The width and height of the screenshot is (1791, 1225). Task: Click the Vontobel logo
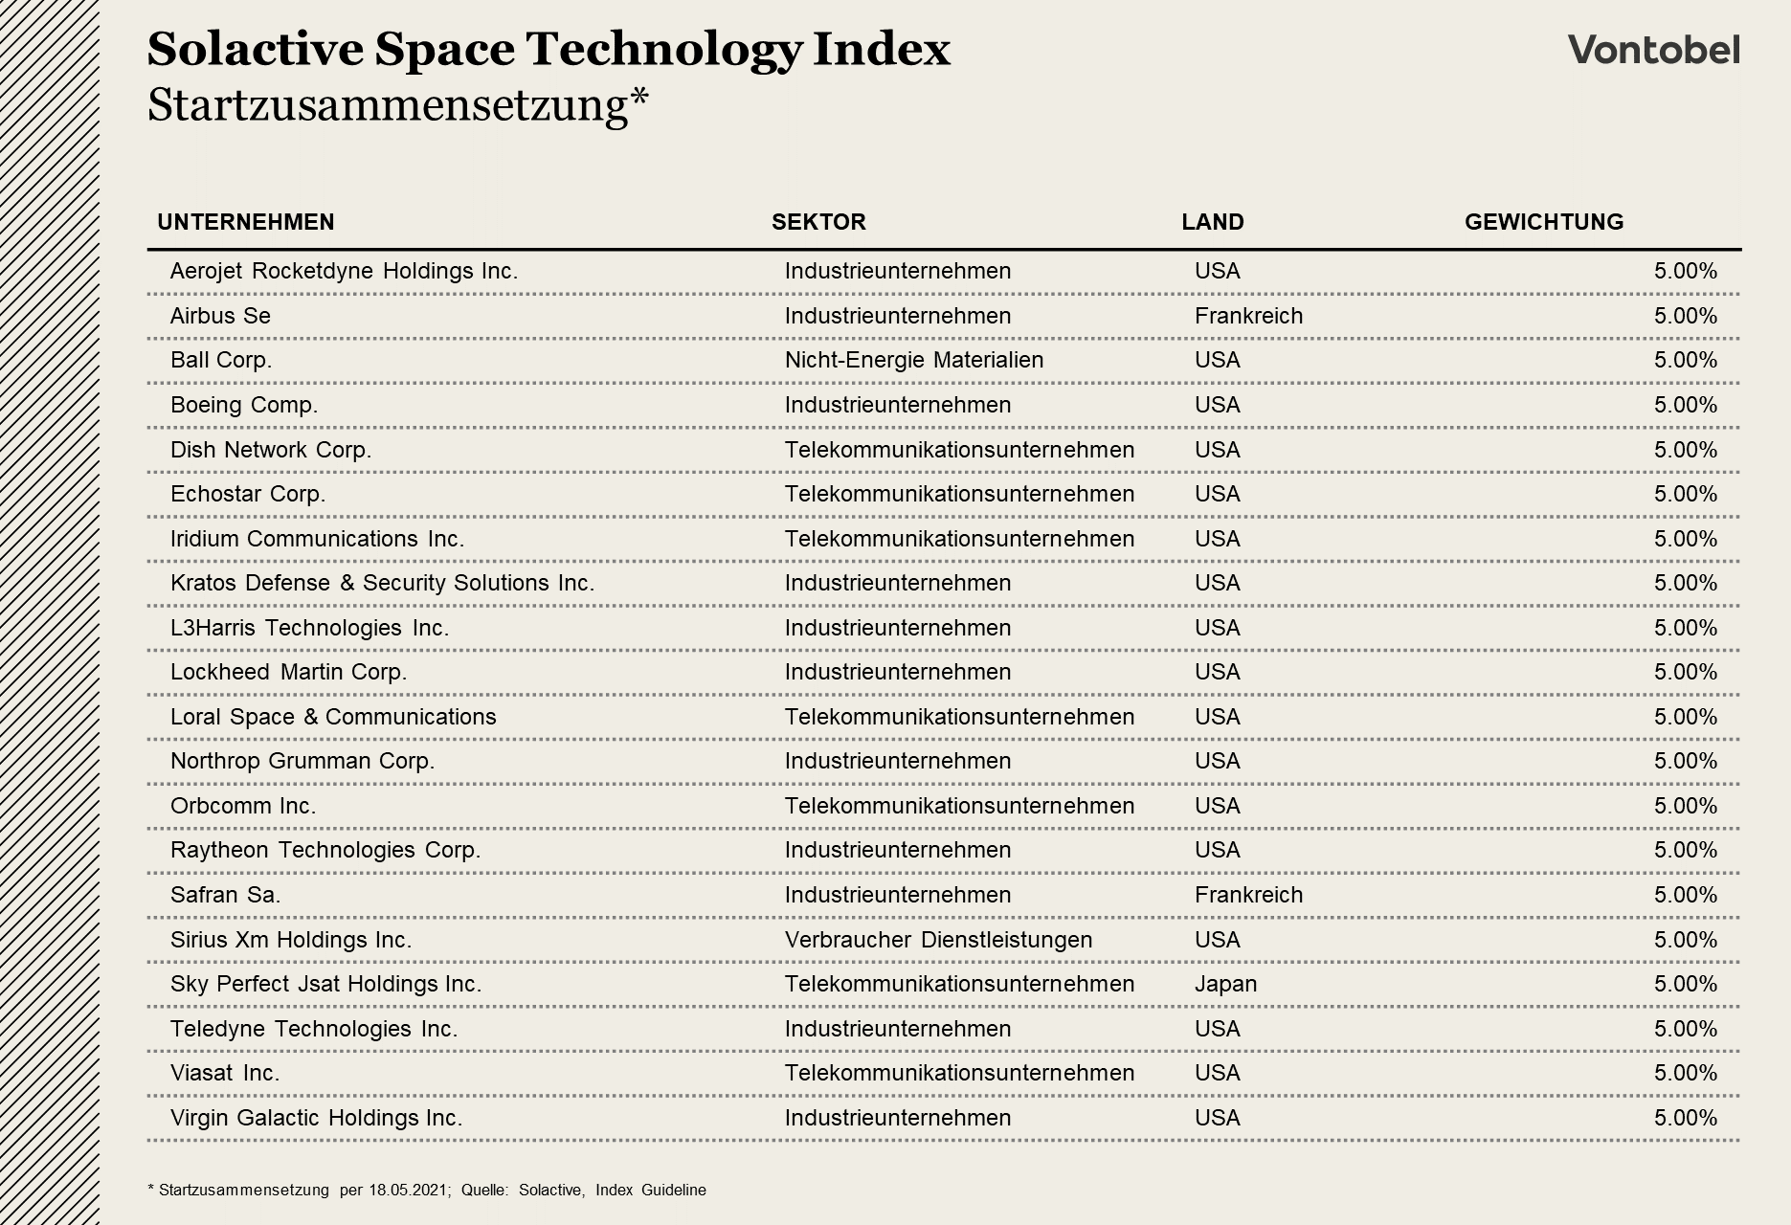[1653, 49]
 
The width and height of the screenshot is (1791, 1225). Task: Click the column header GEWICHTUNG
[1543, 222]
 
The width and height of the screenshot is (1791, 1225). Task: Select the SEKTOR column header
[818, 222]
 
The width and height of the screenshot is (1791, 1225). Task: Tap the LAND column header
[1212, 222]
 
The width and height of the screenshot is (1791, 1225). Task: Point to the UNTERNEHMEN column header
[246, 222]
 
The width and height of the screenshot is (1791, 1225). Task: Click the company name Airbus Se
[220, 316]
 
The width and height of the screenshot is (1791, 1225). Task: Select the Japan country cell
[1225, 984]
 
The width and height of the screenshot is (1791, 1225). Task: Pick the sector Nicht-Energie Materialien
[913, 360]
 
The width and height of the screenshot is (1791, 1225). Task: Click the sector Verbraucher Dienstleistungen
[938, 940]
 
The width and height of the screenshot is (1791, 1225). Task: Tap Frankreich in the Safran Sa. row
[1248, 895]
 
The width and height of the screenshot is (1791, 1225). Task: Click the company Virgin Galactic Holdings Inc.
[316, 1118]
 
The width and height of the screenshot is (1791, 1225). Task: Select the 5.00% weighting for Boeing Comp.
[1685, 405]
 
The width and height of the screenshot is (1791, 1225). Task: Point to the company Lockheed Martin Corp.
[288, 672]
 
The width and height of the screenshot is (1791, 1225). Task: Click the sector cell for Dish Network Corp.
[959, 450]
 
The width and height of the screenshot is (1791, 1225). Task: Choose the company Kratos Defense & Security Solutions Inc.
[382, 583]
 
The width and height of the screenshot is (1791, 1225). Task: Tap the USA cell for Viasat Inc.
[1217, 1073]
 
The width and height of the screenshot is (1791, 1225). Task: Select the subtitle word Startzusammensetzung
[388, 105]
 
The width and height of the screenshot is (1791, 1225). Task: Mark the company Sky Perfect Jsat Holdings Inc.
[325, 984]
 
